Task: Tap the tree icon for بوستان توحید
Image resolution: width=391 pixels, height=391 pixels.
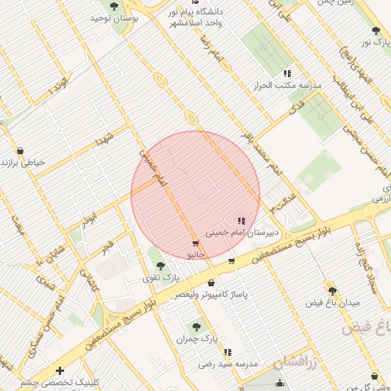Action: [x=115, y=6]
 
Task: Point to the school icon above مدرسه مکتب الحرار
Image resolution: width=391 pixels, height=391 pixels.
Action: [x=286, y=73]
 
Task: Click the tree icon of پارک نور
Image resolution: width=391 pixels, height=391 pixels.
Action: [x=375, y=30]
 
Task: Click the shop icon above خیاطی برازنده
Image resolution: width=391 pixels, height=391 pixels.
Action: [x=20, y=151]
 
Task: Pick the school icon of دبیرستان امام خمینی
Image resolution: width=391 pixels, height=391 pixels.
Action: [x=242, y=220]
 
